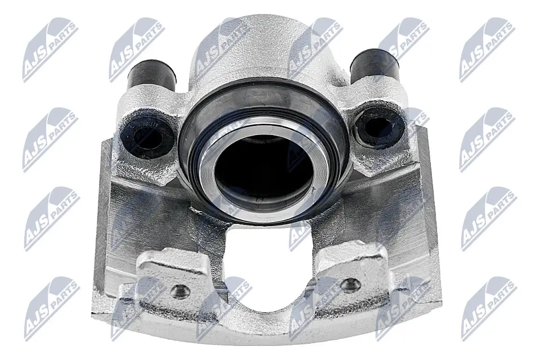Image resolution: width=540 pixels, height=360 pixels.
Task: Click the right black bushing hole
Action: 378,126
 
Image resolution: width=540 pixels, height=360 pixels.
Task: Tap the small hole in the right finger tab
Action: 350,284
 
